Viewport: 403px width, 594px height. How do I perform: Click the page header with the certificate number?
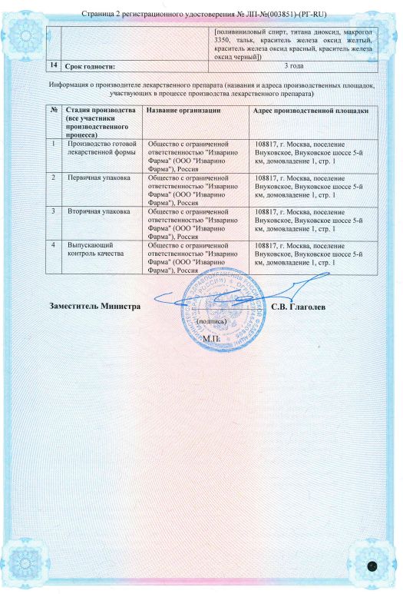click(201, 14)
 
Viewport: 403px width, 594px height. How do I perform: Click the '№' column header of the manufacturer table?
click(53, 111)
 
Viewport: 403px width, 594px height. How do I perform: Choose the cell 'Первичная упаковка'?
click(98, 178)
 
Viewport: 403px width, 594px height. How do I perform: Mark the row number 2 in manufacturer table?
click(53, 178)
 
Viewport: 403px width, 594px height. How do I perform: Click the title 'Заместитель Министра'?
click(95, 306)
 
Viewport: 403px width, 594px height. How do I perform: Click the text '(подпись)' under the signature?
click(210, 320)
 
